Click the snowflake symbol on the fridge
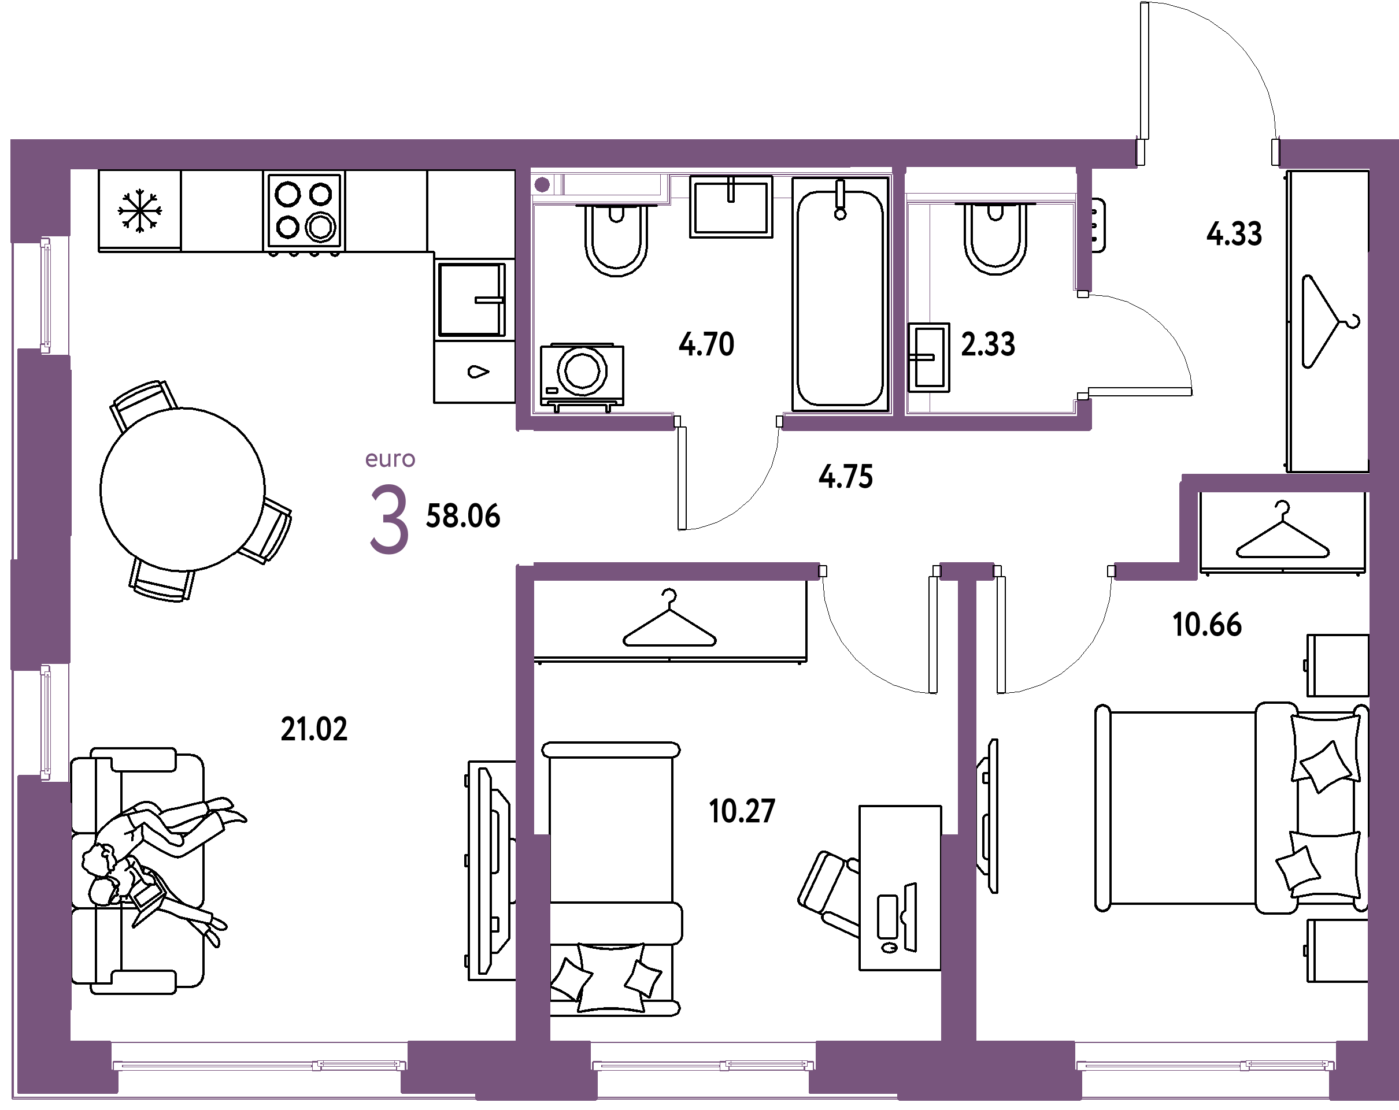(x=139, y=211)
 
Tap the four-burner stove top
(x=304, y=211)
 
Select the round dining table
(x=182, y=490)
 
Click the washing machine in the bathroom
(x=582, y=376)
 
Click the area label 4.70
(x=706, y=344)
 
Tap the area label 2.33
(x=987, y=344)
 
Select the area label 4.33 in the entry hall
(x=1234, y=233)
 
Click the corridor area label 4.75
(x=846, y=477)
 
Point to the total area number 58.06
(x=462, y=517)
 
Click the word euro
(x=390, y=459)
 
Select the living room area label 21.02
(x=314, y=729)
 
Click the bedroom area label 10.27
(x=742, y=812)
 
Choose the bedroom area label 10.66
(x=1207, y=625)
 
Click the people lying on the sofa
(x=162, y=869)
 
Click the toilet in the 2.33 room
(x=995, y=237)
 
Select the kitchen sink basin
(x=472, y=300)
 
